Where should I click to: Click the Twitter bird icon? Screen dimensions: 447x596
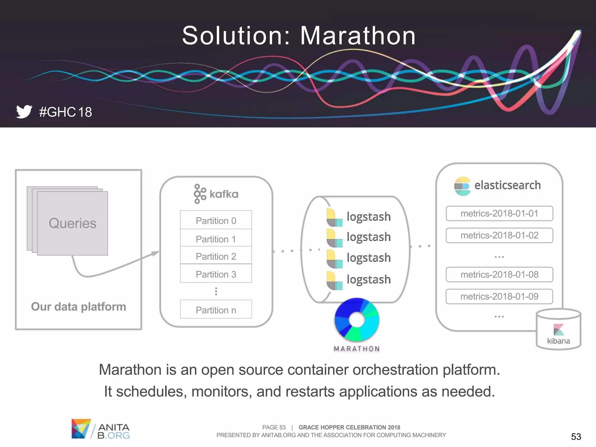click(24, 111)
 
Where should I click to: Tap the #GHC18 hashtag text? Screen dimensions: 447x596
click(65, 112)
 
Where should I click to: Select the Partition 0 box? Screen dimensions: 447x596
click(216, 221)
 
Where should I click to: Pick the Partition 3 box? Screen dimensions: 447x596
click(216, 274)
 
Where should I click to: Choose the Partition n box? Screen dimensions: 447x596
click(216, 310)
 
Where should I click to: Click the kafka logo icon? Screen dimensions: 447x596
click(200, 194)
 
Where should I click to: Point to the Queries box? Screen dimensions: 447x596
click(72, 223)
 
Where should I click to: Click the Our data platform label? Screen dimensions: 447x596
click(79, 306)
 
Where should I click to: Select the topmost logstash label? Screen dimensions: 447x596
click(368, 217)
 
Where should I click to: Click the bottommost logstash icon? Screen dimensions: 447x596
click(334, 281)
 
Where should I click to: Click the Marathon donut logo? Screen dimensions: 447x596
click(357, 320)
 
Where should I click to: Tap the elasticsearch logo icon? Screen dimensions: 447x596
click(462, 186)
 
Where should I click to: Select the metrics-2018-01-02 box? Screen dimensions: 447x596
click(499, 235)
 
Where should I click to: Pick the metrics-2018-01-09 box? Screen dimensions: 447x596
click(499, 297)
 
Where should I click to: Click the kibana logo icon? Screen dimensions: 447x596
click(558, 330)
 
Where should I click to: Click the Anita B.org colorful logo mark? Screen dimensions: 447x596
click(81, 428)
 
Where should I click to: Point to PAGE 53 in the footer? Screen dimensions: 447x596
click(274, 427)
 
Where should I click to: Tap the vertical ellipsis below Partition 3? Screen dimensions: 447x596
click(216, 291)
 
